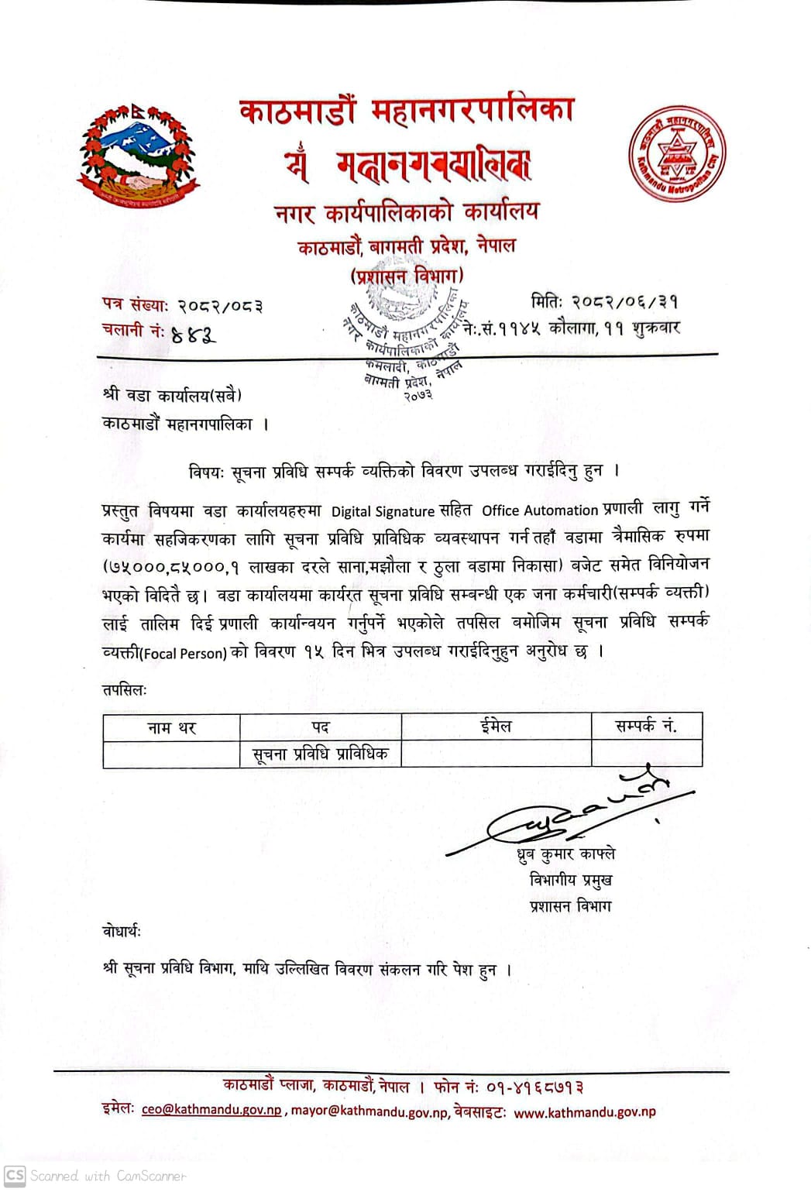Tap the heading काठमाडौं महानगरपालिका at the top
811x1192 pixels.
407,111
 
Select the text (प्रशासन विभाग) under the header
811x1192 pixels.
408,276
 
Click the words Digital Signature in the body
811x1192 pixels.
383,511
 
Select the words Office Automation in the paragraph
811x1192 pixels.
540,510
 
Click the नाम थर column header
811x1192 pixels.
172,727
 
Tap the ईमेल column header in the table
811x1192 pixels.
496,727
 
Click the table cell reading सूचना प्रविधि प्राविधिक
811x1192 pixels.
320,754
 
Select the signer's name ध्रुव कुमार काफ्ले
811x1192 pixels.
566,854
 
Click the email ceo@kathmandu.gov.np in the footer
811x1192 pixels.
211,1110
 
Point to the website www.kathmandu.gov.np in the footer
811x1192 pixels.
584,1112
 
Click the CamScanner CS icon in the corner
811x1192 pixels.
15,1175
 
